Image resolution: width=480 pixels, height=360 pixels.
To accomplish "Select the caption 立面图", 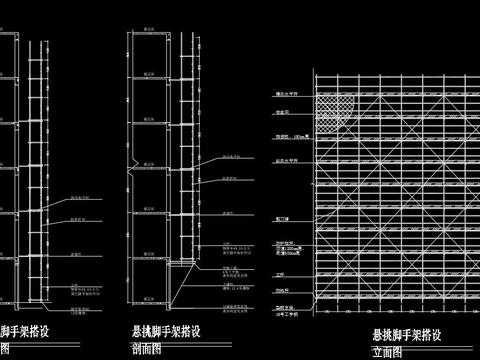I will point(386,352).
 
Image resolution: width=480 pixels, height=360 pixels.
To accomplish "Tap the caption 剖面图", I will point(147,350).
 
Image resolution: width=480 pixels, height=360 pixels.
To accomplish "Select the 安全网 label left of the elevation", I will point(285,112).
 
